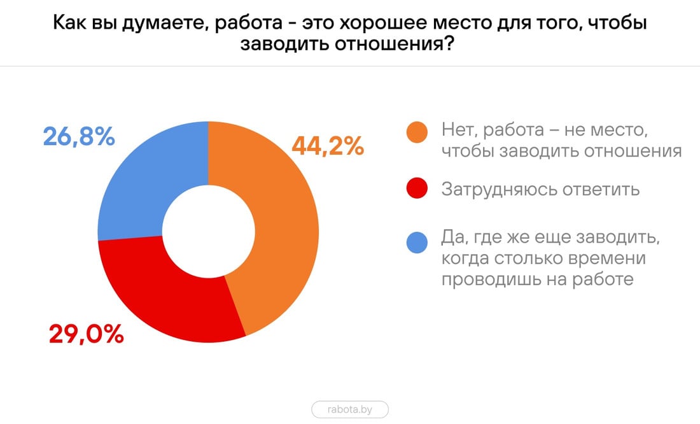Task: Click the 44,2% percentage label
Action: point(328,146)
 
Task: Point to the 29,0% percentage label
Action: point(87,334)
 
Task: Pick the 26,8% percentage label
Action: point(79,136)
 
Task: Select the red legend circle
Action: point(417,189)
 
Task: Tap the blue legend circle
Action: point(417,242)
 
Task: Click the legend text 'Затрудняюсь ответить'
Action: point(540,189)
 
